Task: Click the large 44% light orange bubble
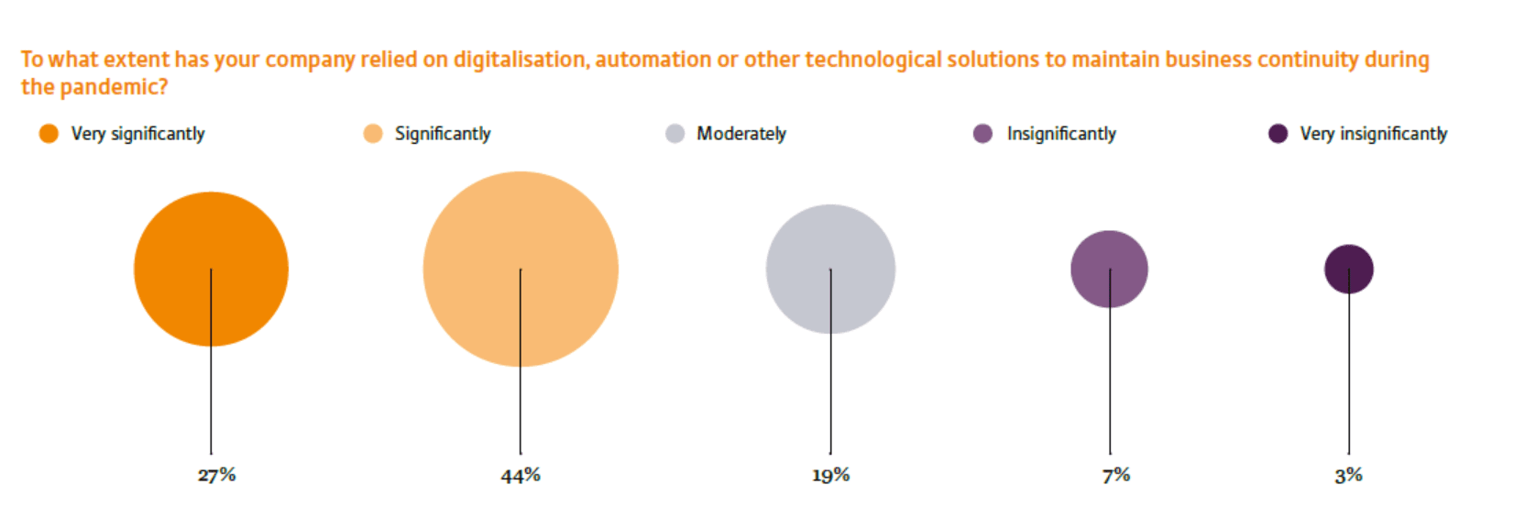coord(521,269)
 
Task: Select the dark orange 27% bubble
coord(211,269)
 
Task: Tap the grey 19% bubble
coord(830,269)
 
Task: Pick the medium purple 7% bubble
coord(1109,269)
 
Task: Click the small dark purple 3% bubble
coord(1348,269)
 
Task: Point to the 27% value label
coord(217,475)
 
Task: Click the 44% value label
coord(521,476)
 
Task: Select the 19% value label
coord(830,476)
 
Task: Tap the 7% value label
coord(1115,476)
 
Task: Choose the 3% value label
coord(1348,476)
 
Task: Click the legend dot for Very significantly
coord(49,134)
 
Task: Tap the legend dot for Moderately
coord(675,134)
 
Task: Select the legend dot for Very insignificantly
coord(1278,134)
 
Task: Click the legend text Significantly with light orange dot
coord(443,134)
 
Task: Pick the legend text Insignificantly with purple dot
coord(1061,134)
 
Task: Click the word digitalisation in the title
coord(519,60)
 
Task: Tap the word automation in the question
coord(653,60)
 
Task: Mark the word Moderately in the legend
coord(741,134)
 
